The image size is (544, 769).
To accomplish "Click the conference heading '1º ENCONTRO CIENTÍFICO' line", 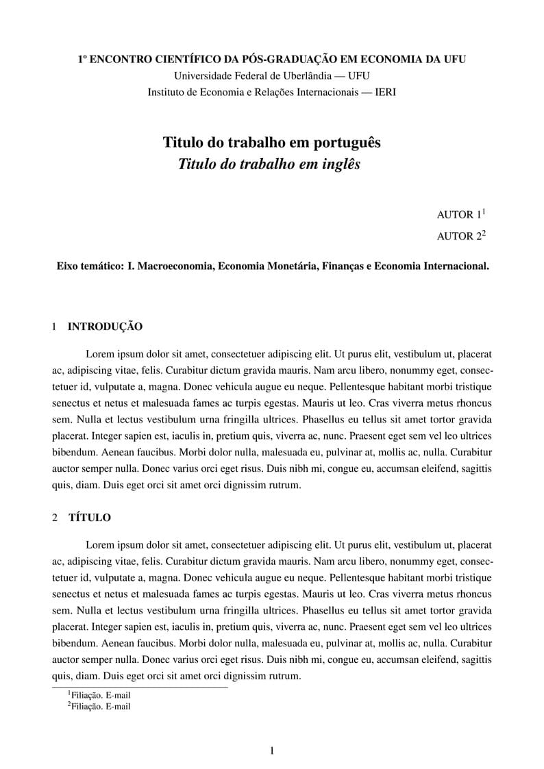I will pos(272,60).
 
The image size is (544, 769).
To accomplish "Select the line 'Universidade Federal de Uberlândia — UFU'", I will pos(272,76).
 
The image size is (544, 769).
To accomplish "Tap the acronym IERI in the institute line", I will pos(386,92).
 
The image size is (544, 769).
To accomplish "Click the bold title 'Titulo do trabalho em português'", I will pos(271,142).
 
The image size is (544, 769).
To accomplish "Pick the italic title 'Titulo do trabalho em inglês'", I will pos(269,164).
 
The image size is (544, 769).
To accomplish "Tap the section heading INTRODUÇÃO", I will pos(105,327).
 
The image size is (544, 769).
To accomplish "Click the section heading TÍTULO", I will pos(89,518).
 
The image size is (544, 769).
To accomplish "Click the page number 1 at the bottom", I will pos(272,751).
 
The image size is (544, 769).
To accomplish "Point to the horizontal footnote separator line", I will pos(140,687).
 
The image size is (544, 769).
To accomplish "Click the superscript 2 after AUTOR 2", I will pos(483,233).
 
